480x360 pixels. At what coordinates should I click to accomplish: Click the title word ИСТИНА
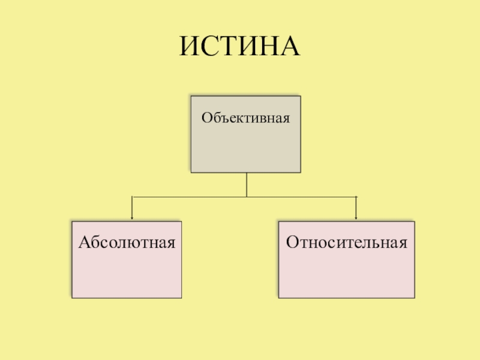(x=239, y=47)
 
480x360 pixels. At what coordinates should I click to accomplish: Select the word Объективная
(x=245, y=118)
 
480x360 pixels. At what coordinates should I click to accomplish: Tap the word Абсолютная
(x=127, y=243)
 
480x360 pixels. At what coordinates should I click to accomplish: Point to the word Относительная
(x=347, y=243)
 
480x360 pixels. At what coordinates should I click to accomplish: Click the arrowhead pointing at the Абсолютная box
(x=132, y=217)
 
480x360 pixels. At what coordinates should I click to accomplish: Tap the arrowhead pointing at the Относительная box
(x=356, y=217)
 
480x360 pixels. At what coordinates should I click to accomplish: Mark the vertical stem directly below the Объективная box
(x=246, y=184)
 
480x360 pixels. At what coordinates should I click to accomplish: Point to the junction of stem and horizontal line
(x=246, y=197)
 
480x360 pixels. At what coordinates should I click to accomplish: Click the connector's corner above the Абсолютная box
(x=132, y=197)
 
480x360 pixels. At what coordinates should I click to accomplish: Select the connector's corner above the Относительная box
(x=356, y=197)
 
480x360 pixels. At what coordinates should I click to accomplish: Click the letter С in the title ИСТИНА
(x=215, y=47)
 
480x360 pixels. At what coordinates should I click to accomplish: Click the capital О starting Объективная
(x=206, y=118)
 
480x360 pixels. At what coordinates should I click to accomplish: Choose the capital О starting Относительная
(x=292, y=243)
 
